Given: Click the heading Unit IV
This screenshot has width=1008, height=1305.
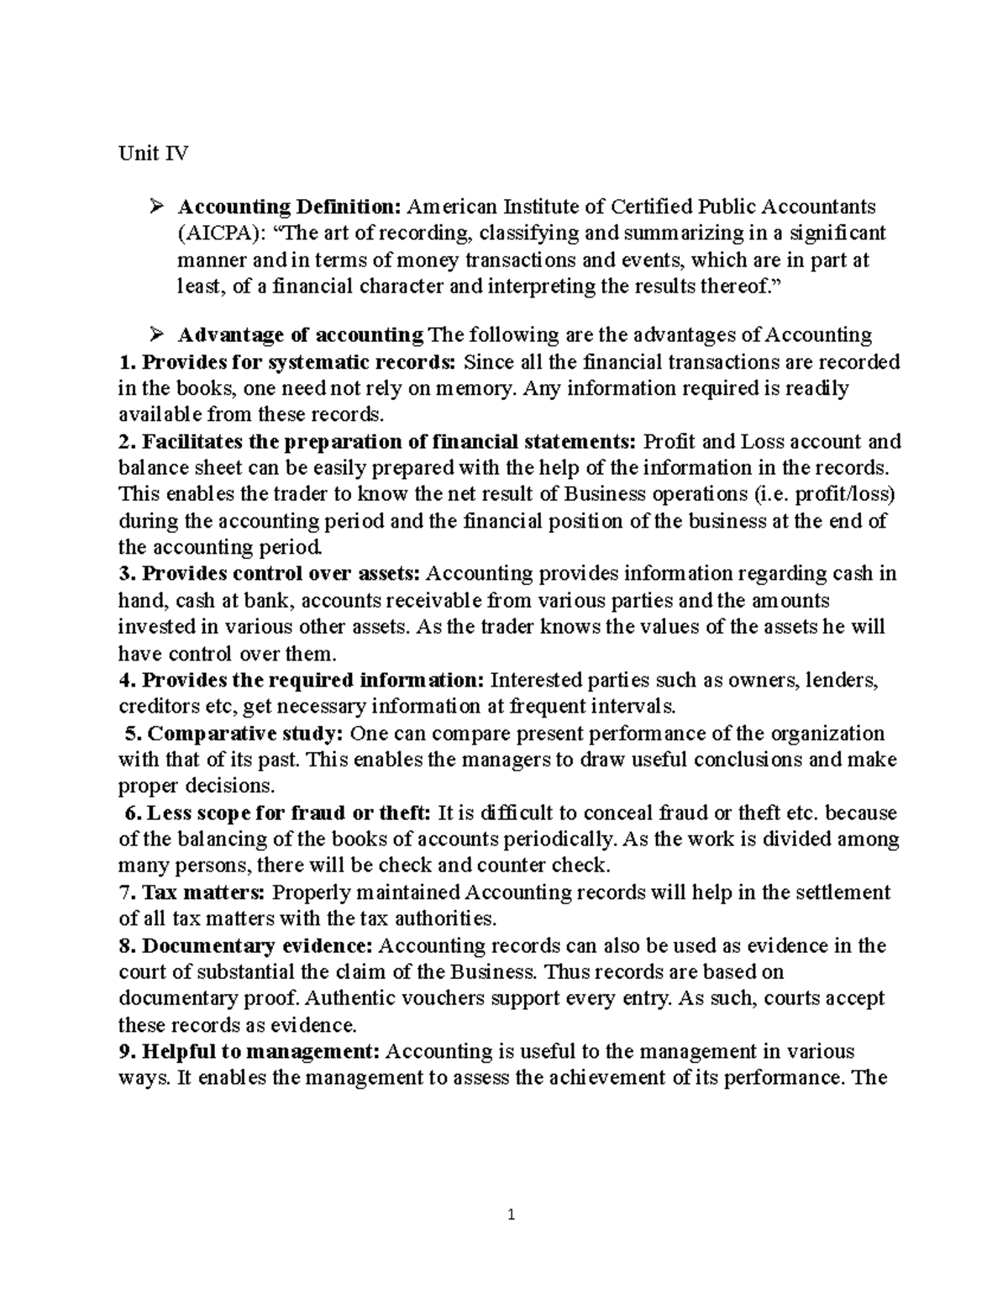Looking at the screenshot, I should (x=153, y=154).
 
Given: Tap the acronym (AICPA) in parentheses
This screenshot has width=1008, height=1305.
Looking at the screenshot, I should (x=214, y=233).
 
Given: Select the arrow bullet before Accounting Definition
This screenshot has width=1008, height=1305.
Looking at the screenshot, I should (x=155, y=207).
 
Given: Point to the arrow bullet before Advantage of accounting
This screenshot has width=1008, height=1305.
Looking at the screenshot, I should (x=155, y=336).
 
